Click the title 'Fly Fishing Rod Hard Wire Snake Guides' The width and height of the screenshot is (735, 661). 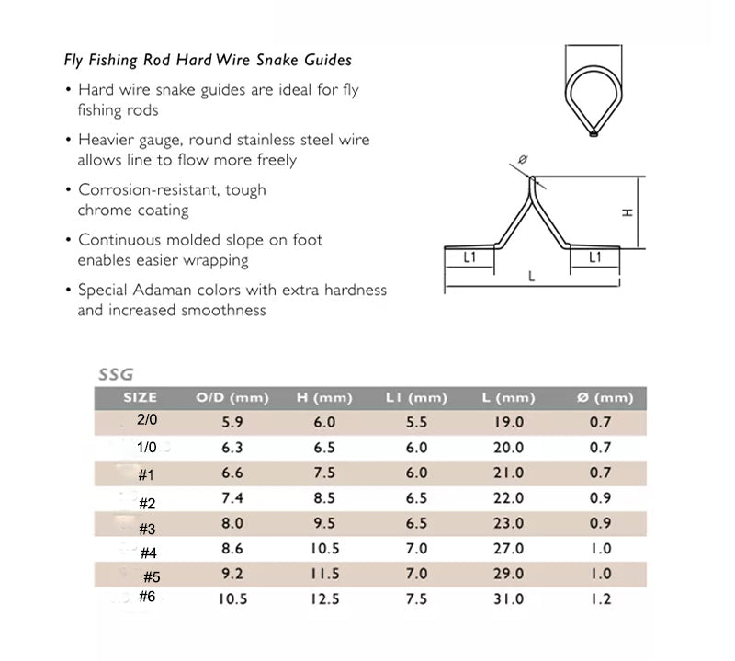[207, 62]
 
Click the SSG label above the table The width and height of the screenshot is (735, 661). [116, 374]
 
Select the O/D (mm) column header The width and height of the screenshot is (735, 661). [232, 398]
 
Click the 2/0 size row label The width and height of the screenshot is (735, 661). [147, 419]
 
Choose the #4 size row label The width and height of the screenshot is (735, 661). [149, 553]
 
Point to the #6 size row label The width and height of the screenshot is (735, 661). [146, 598]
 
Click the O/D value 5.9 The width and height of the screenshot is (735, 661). [232, 423]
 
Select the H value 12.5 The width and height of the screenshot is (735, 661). [324, 599]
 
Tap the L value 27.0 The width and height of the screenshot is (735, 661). [508, 549]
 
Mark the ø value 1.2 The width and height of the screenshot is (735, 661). [601, 599]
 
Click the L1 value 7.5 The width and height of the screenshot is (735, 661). [416, 599]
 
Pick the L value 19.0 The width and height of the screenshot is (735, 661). [508, 423]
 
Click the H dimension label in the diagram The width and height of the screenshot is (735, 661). [628, 212]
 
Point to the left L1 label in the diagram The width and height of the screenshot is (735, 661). [469, 258]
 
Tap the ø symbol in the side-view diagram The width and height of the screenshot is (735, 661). [523, 160]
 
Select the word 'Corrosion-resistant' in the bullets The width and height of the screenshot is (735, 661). [134, 190]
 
